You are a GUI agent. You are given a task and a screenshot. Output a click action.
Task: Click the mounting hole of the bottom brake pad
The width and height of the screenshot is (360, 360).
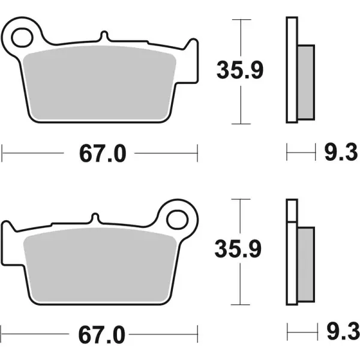pyautogui.click(x=177, y=218)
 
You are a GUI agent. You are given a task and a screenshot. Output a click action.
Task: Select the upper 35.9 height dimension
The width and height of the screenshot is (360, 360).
pyautogui.click(x=239, y=71)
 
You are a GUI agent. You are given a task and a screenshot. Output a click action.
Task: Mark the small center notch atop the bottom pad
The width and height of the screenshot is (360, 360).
pyautogui.click(x=95, y=218)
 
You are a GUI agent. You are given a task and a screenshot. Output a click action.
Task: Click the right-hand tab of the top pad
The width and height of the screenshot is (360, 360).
pyautogui.click(x=191, y=48)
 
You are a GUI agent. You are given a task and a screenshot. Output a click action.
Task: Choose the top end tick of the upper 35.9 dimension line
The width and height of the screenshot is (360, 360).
pyautogui.click(x=241, y=20)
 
